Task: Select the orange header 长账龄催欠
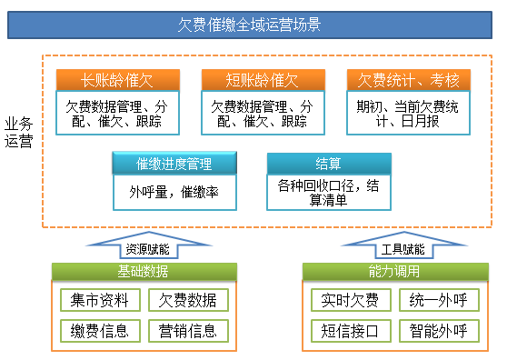(x=117, y=80)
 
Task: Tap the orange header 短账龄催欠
(x=262, y=80)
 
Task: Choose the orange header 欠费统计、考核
(x=407, y=80)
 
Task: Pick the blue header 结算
(x=328, y=164)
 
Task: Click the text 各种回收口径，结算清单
(x=328, y=192)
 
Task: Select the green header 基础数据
(x=143, y=271)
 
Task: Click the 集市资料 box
(x=100, y=299)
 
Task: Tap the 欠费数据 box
(x=188, y=299)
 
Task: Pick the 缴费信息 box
(x=100, y=330)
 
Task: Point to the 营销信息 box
(x=188, y=330)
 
